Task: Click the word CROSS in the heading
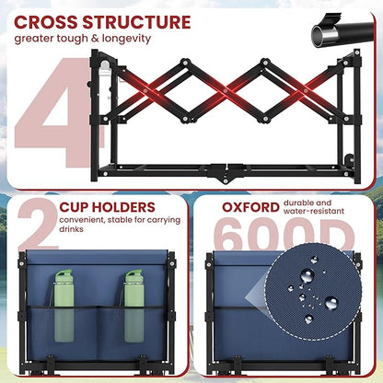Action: click(46, 22)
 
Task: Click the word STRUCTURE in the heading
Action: click(136, 22)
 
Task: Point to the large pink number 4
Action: click(55, 113)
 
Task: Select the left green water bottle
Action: click(64, 306)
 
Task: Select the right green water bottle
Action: click(133, 306)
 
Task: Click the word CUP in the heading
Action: click(73, 207)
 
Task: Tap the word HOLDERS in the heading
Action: click(122, 207)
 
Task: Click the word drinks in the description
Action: click(71, 229)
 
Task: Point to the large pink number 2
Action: click(39, 224)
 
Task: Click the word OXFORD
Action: click(250, 207)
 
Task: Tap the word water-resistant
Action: click(314, 211)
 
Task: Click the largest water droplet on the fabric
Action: click(307, 275)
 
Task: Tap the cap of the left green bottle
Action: click(64, 273)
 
